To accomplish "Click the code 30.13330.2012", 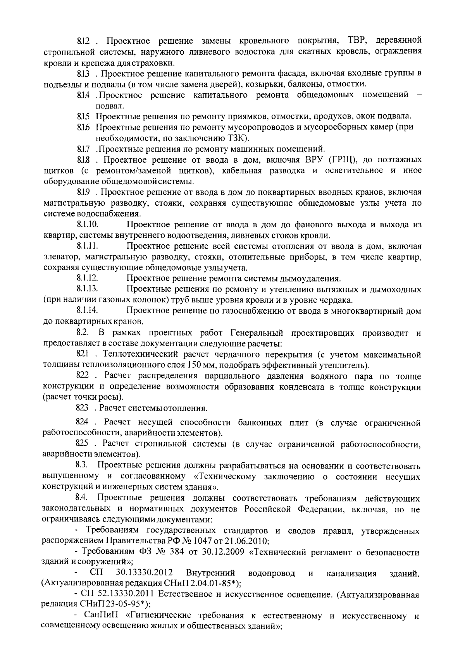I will click(144, 573).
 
